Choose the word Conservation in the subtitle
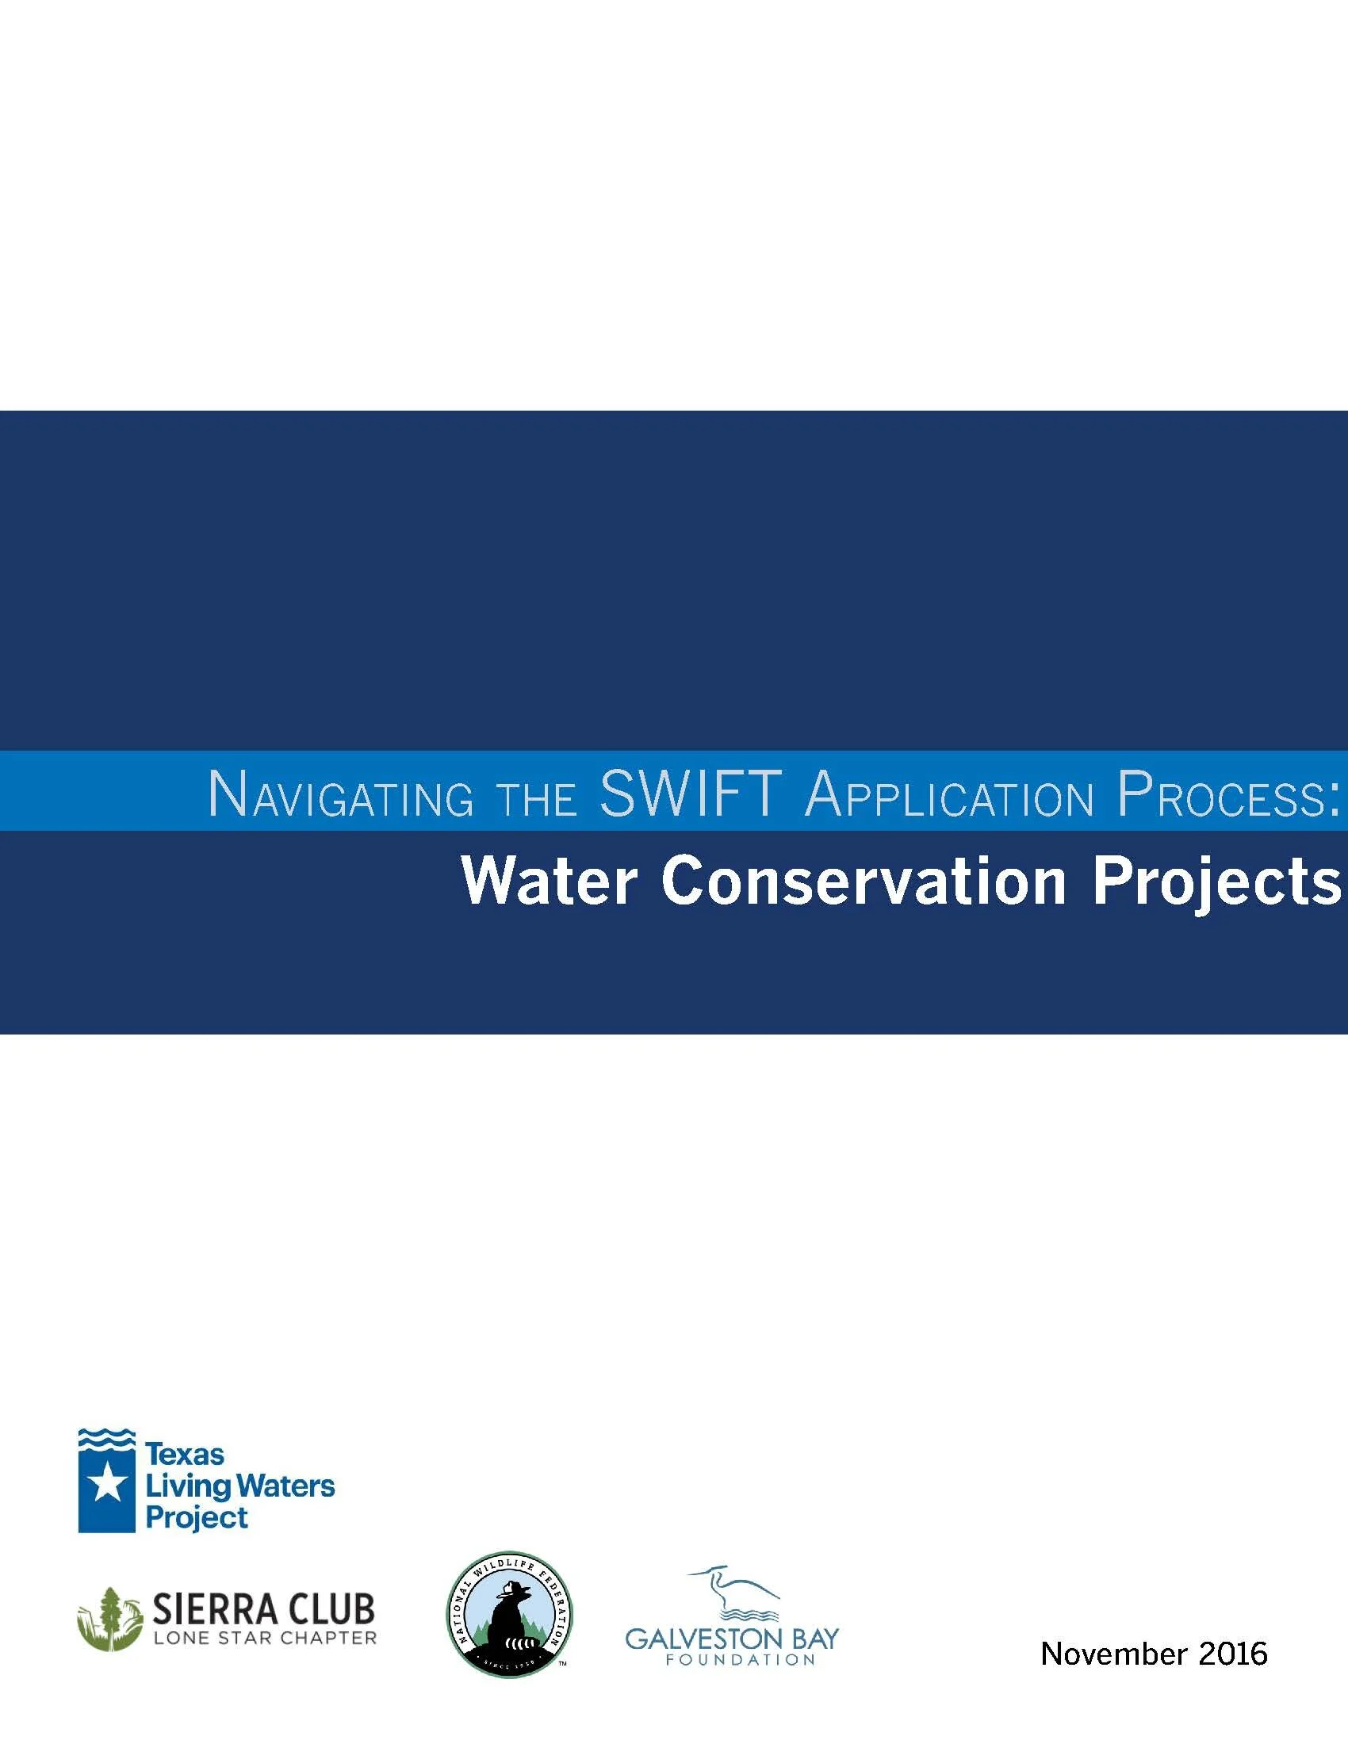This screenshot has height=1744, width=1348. click(x=864, y=882)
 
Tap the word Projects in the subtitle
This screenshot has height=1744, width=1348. click(x=1216, y=883)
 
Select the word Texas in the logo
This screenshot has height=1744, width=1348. click(x=185, y=1454)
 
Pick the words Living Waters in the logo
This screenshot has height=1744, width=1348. click(x=239, y=1486)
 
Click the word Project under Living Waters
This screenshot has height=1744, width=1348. click(x=197, y=1517)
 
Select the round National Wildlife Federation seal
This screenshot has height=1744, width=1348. click(x=509, y=1616)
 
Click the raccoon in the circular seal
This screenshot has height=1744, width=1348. click(x=508, y=1621)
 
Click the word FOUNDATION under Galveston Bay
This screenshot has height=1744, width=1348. click(x=741, y=1659)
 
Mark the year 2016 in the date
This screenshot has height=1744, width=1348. click(x=1233, y=1654)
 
